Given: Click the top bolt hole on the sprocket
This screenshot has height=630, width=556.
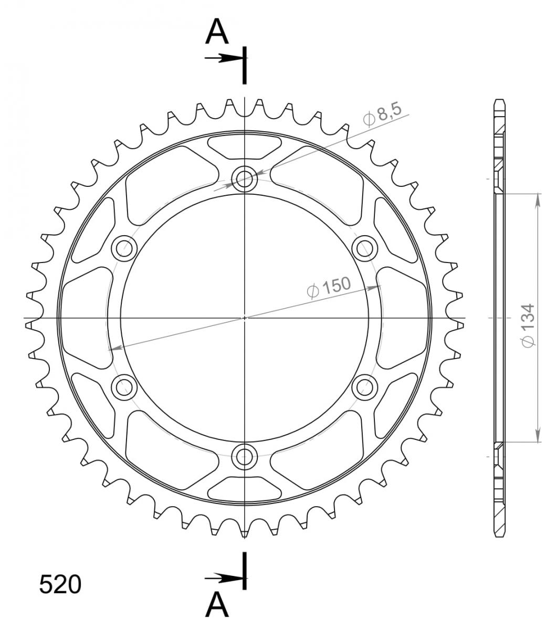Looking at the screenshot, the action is tap(245, 179).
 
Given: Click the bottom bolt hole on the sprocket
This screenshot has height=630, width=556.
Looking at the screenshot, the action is tap(245, 456).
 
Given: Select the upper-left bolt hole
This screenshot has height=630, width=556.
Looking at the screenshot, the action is tap(124, 248).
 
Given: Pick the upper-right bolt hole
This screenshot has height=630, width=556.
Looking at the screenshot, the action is tap(365, 248).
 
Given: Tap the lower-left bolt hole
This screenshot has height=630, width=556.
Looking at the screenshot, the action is tap(124, 387).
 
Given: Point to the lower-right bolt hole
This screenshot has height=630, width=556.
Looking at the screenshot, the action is tap(365, 387).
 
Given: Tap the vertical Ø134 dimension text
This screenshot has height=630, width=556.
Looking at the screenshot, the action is tap(528, 325).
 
